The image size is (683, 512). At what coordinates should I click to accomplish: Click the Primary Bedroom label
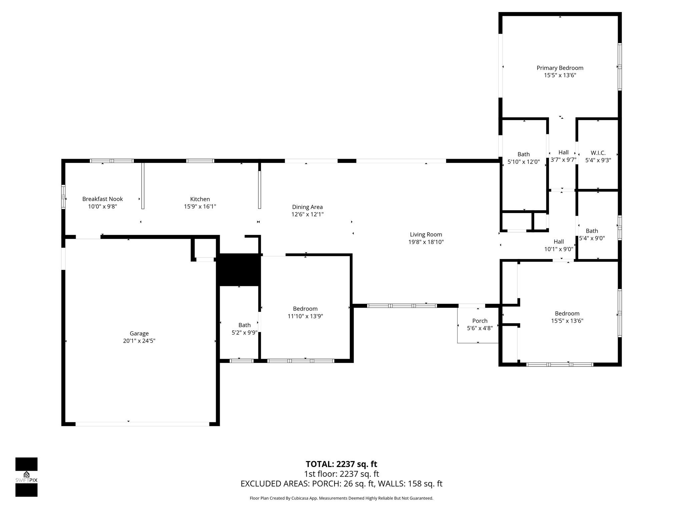[x=560, y=68]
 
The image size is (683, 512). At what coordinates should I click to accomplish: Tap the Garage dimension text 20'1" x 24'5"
[x=139, y=341]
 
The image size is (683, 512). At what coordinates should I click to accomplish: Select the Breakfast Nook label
[x=102, y=199]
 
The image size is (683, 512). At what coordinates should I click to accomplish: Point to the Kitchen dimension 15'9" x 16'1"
[x=200, y=207]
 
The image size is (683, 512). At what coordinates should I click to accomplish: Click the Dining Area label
[x=307, y=207]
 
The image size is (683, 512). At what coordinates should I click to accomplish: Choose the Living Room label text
[x=426, y=235]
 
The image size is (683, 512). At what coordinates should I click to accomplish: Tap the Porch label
[x=480, y=321]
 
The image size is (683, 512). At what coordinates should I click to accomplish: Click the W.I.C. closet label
[x=598, y=153]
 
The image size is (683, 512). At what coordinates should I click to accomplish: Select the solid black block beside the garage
[x=238, y=270]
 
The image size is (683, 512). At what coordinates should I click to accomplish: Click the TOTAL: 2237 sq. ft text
[x=341, y=464]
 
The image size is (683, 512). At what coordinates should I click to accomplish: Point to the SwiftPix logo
[x=26, y=477]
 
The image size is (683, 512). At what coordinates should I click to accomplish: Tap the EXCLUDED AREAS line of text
[x=341, y=484]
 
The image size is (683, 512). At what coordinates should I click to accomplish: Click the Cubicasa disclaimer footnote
[x=341, y=498]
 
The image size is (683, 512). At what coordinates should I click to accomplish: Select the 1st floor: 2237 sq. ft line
[x=341, y=474]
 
